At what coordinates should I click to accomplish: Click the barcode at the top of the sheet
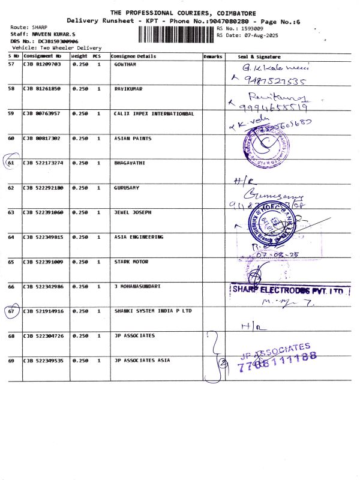[176, 34]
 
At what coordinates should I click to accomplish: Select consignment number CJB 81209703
[42, 64]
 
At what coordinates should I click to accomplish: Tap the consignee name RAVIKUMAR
[128, 89]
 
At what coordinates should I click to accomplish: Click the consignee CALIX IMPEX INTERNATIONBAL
[154, 113]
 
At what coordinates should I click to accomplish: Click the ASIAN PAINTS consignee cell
[133, 139]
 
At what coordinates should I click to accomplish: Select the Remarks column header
[212, 56]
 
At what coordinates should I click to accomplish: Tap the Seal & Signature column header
[259, 56]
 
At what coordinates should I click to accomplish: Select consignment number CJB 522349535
[43, 361]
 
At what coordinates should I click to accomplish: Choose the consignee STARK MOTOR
[131, 262]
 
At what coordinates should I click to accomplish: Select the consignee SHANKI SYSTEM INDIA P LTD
[153, 311]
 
